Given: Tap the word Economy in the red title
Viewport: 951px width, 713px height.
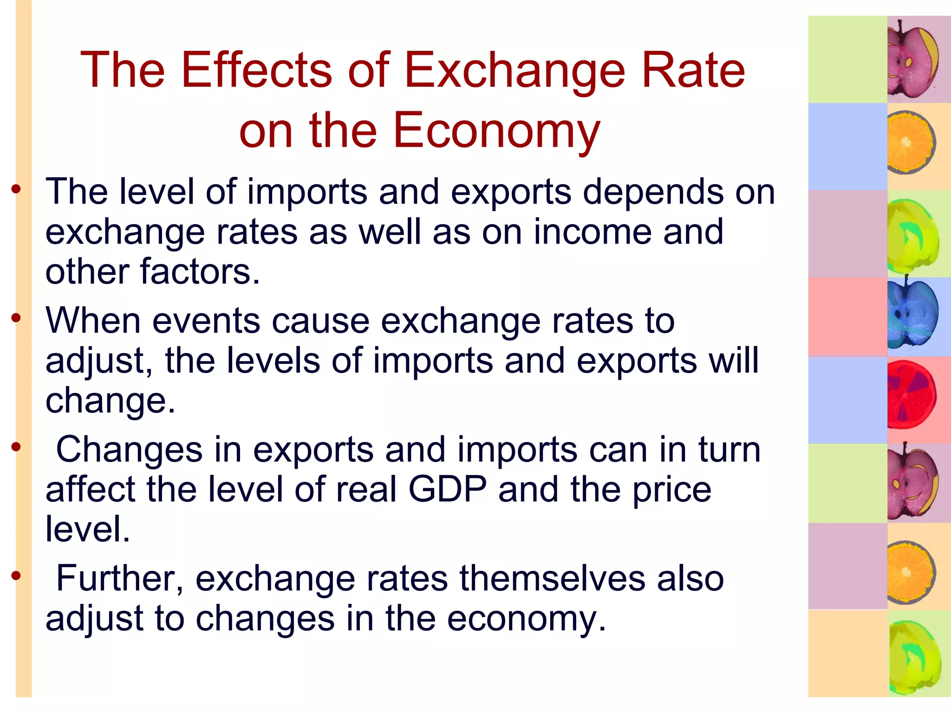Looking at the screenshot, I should [x=496, y=131].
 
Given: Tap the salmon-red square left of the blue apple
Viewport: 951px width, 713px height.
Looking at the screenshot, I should [x=847, y=317].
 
